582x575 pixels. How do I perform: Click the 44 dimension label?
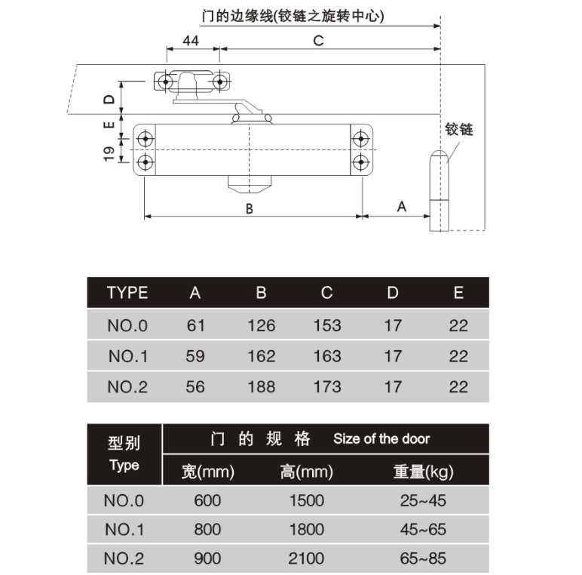(x=191, y=41)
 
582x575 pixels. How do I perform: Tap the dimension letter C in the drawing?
(x=318, y=41)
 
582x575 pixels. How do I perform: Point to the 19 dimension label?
(x=109, y=154)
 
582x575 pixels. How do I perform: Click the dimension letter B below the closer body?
(x=250, y=209)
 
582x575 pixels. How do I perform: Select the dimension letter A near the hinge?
(x=402, y=207)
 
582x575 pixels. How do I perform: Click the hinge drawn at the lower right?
(x=439, y=191)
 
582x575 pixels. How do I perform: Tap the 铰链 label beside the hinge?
(x=459, y=129)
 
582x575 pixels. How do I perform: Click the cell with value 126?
(x=262, y=325)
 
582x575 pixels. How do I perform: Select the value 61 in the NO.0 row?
(x=195, y=325)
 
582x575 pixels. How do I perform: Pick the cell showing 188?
(x=262, y=386)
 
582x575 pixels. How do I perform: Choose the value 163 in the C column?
(x=327, y=356)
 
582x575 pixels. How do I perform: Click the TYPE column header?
(x=127, y=293)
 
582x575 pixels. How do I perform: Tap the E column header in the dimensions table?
(x=459, y=293)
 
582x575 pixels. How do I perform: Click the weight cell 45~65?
(x=423, y=529)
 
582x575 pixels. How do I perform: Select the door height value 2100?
(x=307, y=558)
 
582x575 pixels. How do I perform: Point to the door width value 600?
(x=207, y=500)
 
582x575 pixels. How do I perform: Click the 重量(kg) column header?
(x=424, y=472)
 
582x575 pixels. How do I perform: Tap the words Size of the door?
(x=381, y=438)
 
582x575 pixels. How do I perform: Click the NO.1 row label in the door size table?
(x=124, y=529)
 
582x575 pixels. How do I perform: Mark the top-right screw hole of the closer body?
(x=361, y=139)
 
